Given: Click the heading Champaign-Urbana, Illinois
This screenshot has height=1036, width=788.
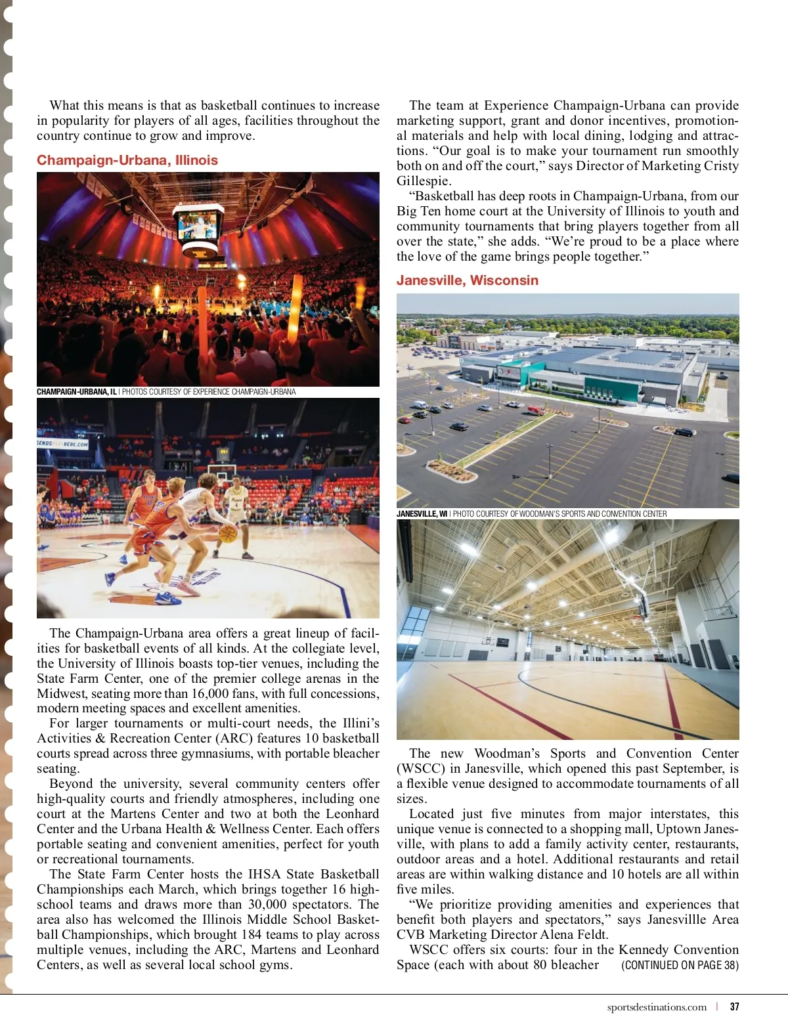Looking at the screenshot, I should [x=127, y=160].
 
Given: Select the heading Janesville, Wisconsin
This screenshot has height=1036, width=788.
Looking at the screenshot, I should [x=467, y=280].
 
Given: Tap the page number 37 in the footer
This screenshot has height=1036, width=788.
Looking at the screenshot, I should [x=734, y=1006].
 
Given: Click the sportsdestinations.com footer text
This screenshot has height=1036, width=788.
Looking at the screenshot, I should [x=657, y=1006].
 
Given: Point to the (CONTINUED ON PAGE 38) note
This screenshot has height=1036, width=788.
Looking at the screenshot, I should [x=680, y=965].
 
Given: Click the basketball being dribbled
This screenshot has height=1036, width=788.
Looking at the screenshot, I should [x=227, y=533].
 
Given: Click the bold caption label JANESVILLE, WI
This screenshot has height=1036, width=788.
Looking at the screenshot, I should [x=422, y=513].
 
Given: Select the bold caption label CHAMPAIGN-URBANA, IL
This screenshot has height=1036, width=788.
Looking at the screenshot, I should [x=76, y=392].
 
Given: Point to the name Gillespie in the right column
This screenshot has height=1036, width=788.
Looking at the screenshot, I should [x=423, y=181].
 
